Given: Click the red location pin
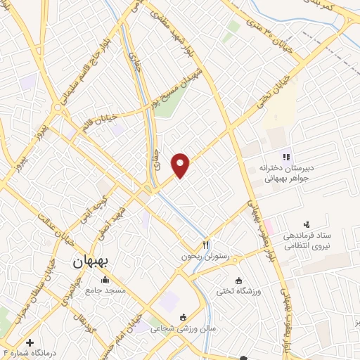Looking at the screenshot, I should pos(181,165).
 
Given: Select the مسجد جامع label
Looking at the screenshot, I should pos(105,290).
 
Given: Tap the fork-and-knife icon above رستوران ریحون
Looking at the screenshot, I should pos(206,245).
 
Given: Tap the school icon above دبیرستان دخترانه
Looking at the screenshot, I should pos(285,157).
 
